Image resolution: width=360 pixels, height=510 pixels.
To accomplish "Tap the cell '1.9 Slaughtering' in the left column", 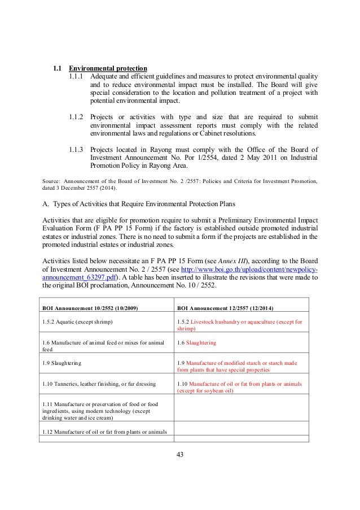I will [63, 363].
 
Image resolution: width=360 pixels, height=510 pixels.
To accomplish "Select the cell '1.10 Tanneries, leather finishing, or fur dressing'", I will [99, 384].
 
